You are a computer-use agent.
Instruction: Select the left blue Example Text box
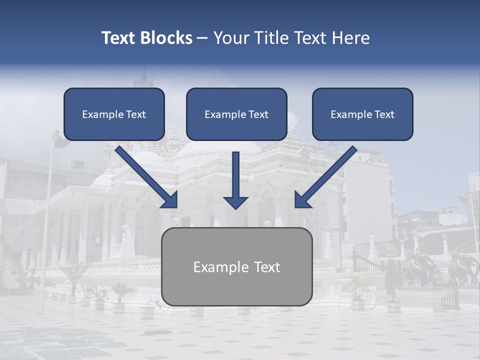[114, 114]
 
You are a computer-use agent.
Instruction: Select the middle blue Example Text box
[236, 114]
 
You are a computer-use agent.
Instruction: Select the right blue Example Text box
[362, 114]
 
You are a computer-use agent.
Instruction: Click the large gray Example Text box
[236, 267]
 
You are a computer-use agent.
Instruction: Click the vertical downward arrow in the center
[235, 175]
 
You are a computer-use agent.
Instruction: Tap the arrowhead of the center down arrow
[235, 202]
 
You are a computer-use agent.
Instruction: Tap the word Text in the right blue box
[383, 114]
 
